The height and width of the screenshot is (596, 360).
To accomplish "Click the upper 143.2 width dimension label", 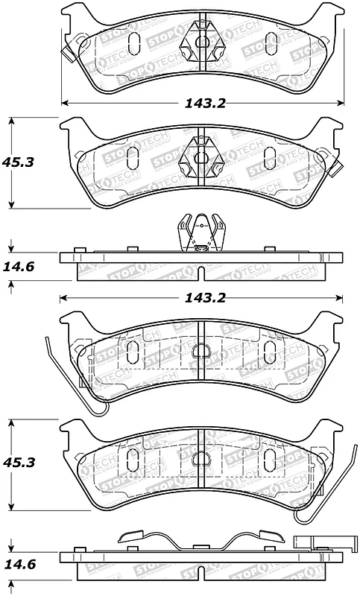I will pos(202,104).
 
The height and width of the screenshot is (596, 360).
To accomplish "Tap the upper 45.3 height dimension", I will pos(23,161).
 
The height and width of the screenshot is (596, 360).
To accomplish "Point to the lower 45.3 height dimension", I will pos(23,463).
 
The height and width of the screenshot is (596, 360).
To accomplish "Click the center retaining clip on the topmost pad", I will pos(201,41).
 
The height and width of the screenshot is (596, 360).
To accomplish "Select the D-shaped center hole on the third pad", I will pos(201,351).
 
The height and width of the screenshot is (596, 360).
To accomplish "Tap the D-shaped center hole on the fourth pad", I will pos(201,459).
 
